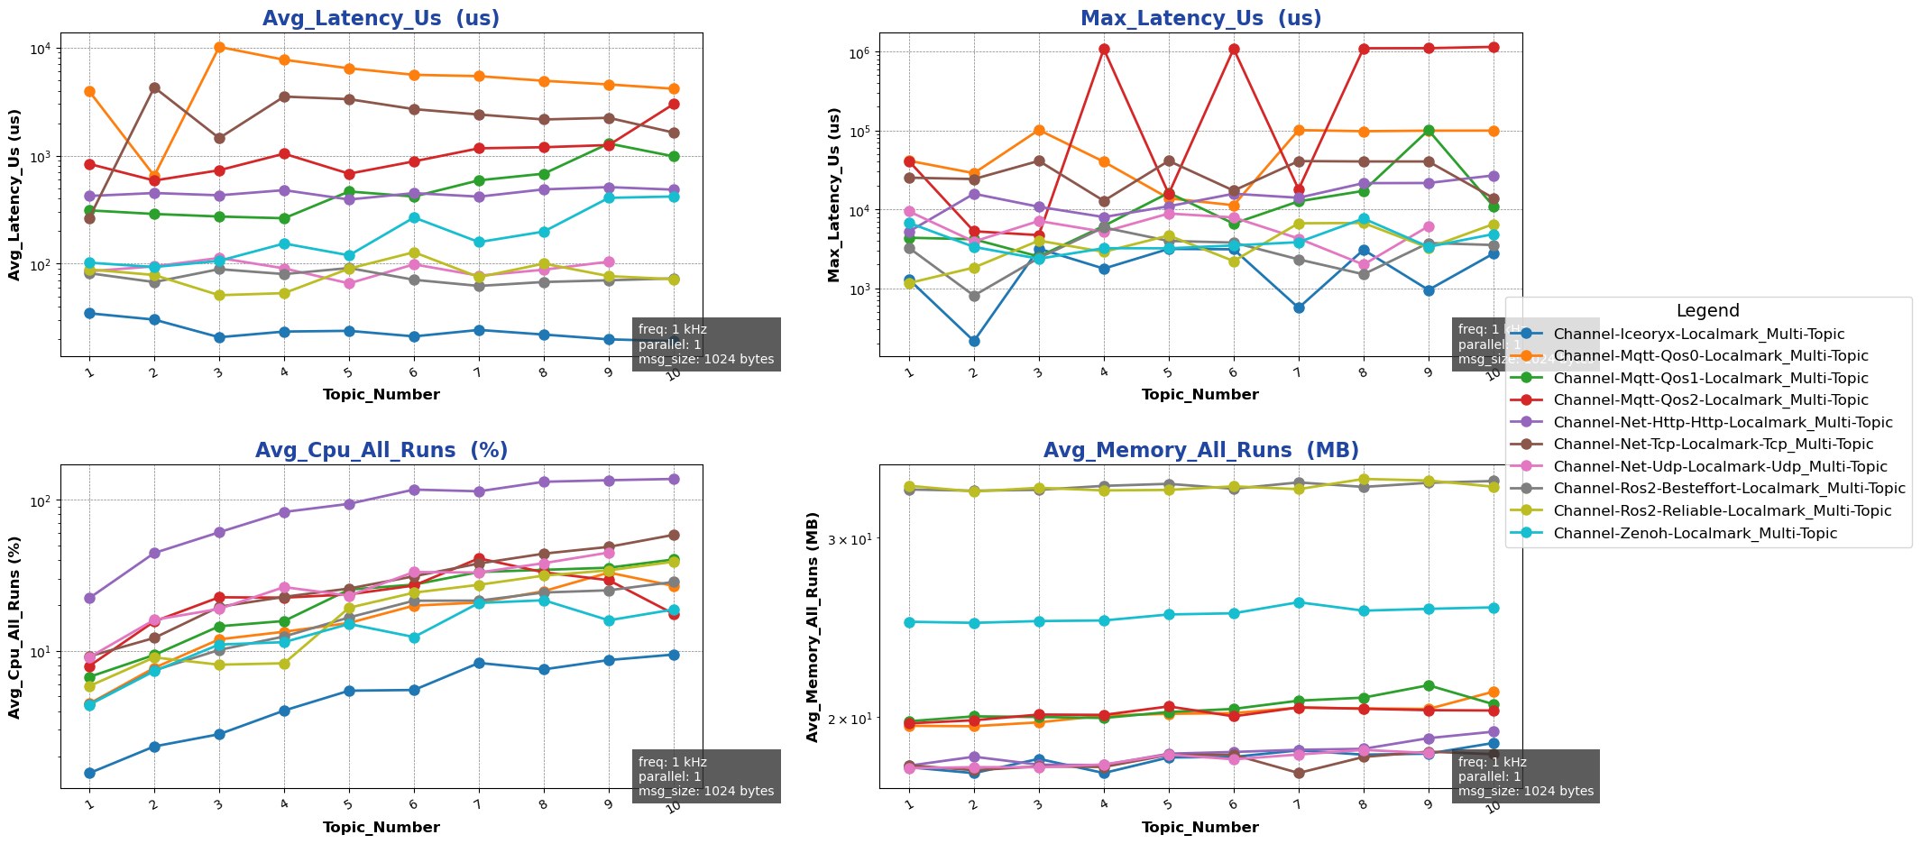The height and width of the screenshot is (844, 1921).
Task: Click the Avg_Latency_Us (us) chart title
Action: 381,18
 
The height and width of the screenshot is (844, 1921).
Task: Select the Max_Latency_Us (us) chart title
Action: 1200,18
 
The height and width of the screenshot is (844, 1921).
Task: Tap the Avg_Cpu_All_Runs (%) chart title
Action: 381,450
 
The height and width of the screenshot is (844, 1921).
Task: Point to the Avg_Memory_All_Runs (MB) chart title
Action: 1200,450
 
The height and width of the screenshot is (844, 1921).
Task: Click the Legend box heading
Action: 1707,311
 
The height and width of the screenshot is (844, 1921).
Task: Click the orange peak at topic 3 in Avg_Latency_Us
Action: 219,47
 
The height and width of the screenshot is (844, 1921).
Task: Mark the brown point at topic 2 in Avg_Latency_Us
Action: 154,87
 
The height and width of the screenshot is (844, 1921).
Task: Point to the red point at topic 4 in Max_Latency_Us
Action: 1104,49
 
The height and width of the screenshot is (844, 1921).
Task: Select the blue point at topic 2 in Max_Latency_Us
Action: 974,341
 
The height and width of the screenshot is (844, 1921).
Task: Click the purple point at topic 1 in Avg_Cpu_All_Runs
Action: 89,598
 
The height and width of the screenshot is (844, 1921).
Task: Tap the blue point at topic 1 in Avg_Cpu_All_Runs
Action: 89,773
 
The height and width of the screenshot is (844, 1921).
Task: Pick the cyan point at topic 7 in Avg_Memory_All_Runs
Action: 1299,602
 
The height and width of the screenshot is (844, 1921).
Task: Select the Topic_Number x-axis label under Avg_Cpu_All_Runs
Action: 381,827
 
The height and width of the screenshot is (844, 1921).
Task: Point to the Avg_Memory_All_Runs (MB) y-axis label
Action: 813,627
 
